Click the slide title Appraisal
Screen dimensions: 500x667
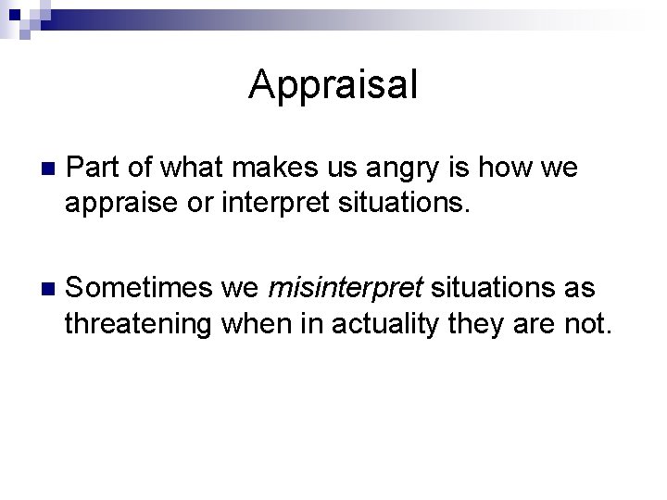(333, 86)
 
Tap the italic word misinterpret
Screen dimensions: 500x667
(345, 288)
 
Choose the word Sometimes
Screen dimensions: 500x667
(142, 288)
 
